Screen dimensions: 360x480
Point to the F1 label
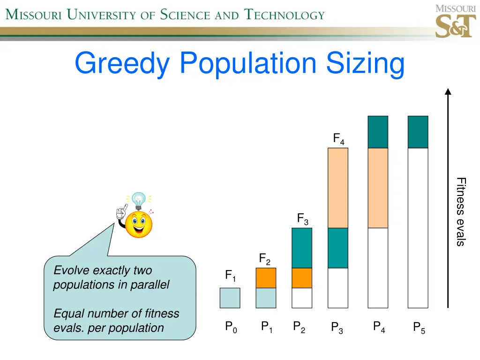pos(230,276)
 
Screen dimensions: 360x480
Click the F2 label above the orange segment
pos(264,259)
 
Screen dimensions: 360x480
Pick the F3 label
pos(302,219)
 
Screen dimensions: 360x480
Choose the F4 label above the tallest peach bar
pos(338,139)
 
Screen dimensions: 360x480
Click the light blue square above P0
pos(230,298)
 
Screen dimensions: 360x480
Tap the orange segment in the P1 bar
pos(266,278)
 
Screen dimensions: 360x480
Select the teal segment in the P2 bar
pos(302,248)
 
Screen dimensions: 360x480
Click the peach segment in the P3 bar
pos(338,187)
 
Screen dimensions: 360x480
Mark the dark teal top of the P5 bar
pos(418,132)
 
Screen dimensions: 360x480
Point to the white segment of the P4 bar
pos(378,267)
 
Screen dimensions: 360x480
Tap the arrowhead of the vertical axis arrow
pos(448,92)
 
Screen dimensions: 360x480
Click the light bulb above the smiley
pos(139,201)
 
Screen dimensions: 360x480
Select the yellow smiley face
pos(139,225)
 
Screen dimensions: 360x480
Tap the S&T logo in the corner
pos(455,22)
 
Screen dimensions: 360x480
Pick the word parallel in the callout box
pos(149,285)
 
